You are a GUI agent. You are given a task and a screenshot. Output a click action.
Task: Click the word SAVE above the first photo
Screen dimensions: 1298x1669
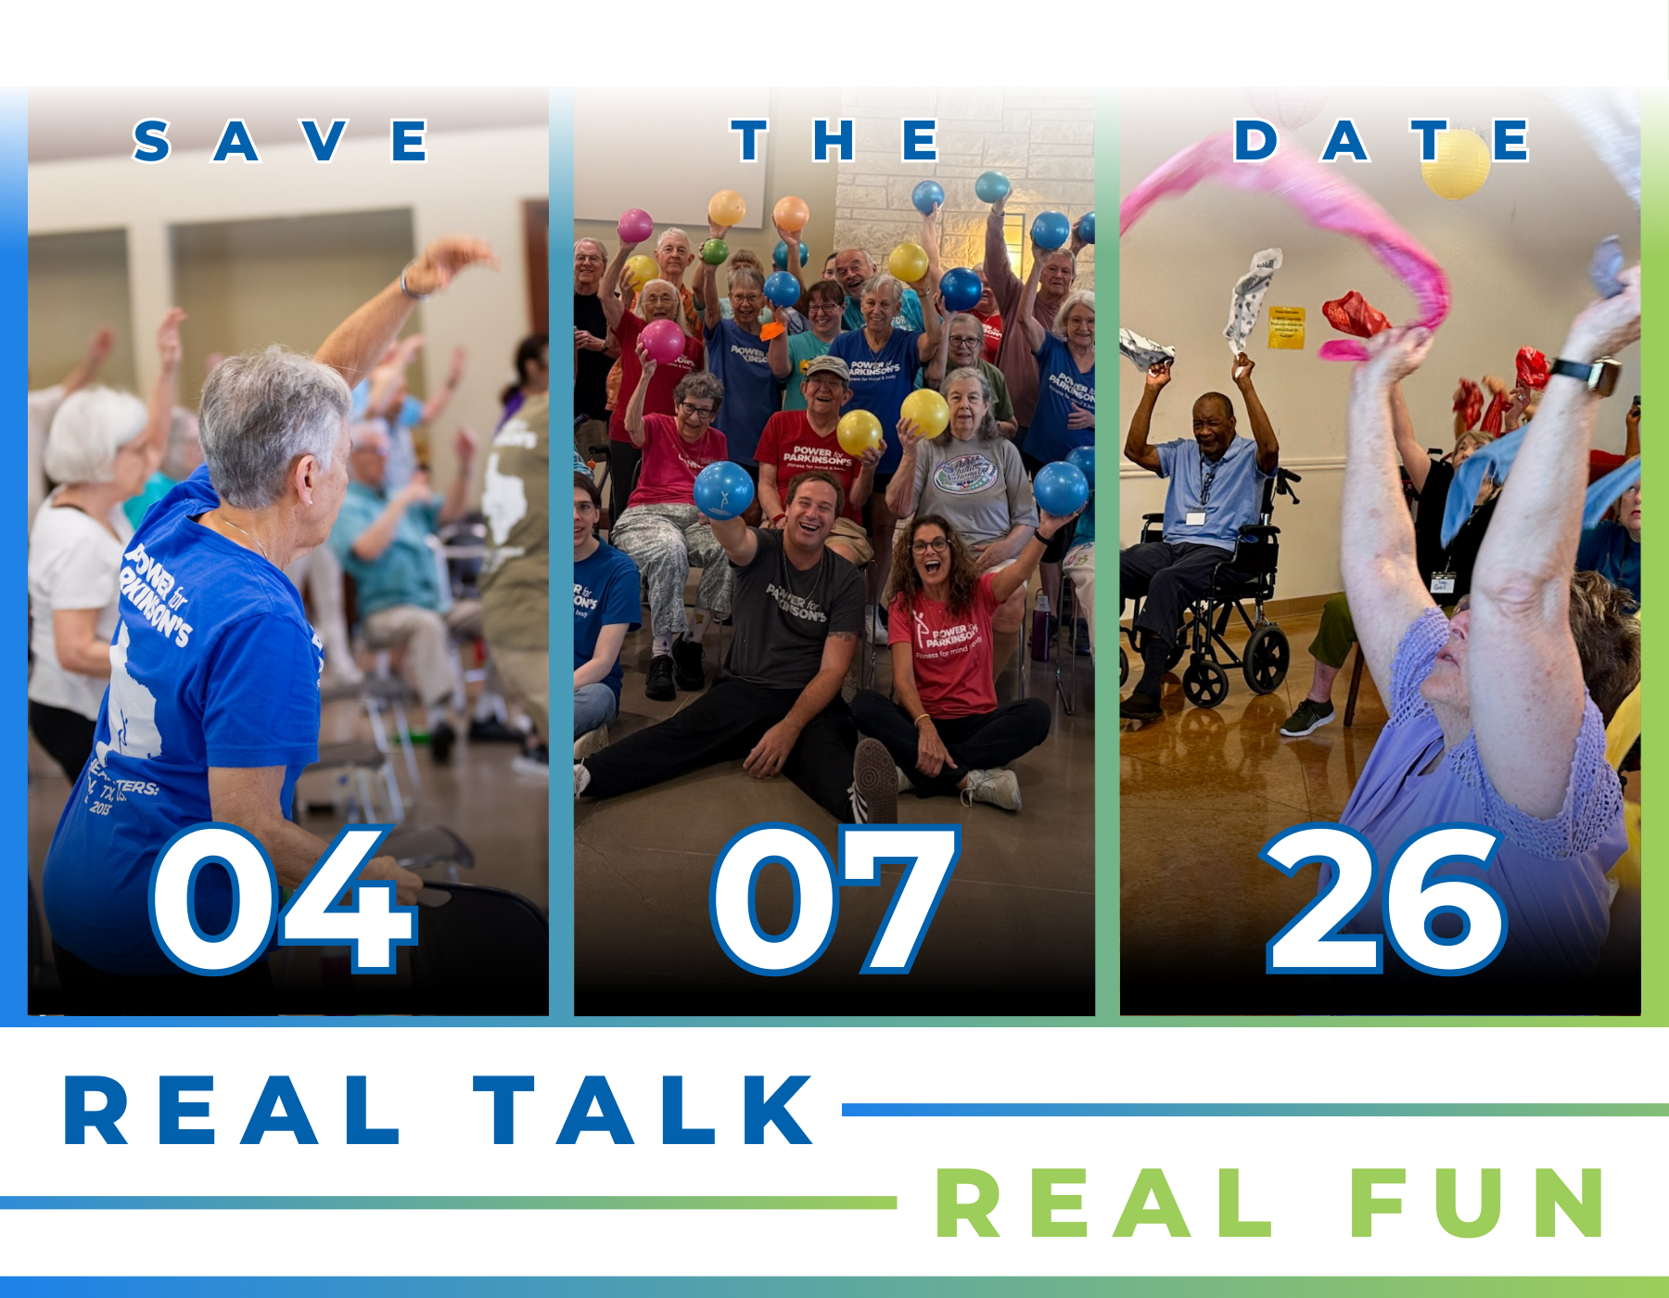tap(281, 141)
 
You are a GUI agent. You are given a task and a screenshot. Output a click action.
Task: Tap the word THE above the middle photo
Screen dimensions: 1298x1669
tap(834, 141)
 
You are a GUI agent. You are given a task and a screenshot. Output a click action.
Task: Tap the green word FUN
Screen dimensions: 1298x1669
tap(1478, 1203)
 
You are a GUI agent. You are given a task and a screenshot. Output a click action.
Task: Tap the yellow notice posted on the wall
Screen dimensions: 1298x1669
tap(1286, 327)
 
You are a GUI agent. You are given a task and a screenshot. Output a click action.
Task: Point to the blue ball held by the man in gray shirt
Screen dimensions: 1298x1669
tap(723, 490)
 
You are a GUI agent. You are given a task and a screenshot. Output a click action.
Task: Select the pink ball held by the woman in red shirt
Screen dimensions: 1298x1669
tap(662, 340)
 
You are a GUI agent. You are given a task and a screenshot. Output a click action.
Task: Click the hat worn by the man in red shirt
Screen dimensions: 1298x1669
tap(827, 368)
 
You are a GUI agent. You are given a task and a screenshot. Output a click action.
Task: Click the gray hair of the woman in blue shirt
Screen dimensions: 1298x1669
tap(269, 408)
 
